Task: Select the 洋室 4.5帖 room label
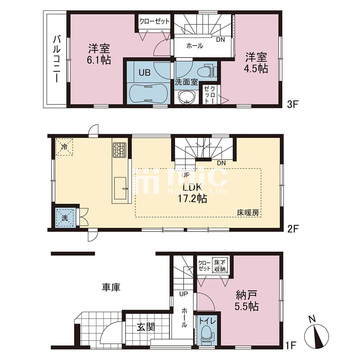[x=256, y=63]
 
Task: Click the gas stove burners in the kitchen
[x=120, y=150]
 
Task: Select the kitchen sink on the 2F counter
[x=120, y=188]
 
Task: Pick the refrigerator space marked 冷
[x=64, y=147]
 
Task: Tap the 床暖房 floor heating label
[x=248, y=213]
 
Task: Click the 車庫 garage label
[x=111, y=287]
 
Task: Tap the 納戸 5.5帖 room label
[x=247, y=301]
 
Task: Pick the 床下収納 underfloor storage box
[x=220, y=266]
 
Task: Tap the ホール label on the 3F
[x=195, y=46]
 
